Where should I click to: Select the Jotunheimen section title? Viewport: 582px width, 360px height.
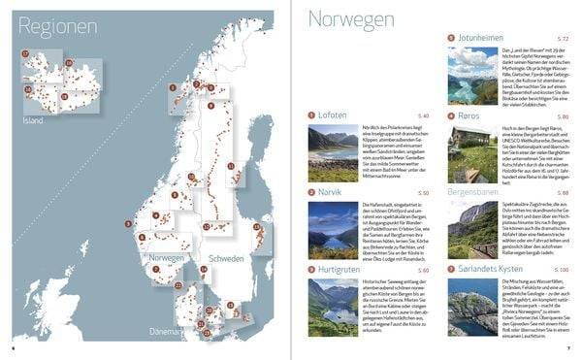click(489, 38)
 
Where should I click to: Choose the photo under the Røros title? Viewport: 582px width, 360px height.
click(469, 164)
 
